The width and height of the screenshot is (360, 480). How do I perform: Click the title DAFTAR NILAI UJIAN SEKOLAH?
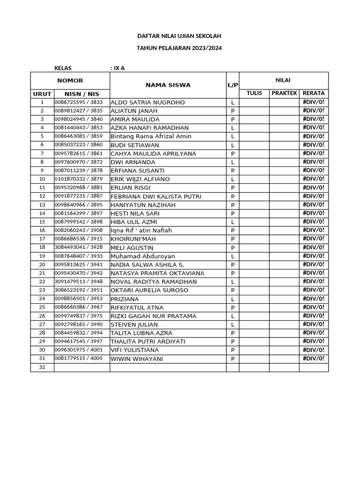click(179, 36)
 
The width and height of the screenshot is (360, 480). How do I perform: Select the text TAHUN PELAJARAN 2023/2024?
click(179, 48)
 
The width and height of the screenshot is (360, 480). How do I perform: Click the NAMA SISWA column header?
click(168, 85)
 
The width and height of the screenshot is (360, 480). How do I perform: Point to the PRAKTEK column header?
click(284, 93)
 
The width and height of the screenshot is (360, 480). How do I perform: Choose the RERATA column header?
click(314, 93)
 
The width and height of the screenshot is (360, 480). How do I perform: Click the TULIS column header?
click(254, 93)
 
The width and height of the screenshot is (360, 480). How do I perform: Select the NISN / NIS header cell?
click(82, 94)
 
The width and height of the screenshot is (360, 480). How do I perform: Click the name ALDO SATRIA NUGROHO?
click(148, 102)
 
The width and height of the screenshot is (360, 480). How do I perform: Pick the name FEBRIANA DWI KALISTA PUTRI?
click(157, 196)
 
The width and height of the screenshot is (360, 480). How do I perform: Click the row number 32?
click(42, 367)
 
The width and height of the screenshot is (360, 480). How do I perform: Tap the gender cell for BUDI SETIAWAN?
click(232, 145)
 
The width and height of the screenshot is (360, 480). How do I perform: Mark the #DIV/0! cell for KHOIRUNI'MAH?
click(314, 239)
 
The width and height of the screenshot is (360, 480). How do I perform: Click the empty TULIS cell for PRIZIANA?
click(254, 299)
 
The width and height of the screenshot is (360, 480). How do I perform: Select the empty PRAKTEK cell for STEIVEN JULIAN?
click(284, 324)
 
